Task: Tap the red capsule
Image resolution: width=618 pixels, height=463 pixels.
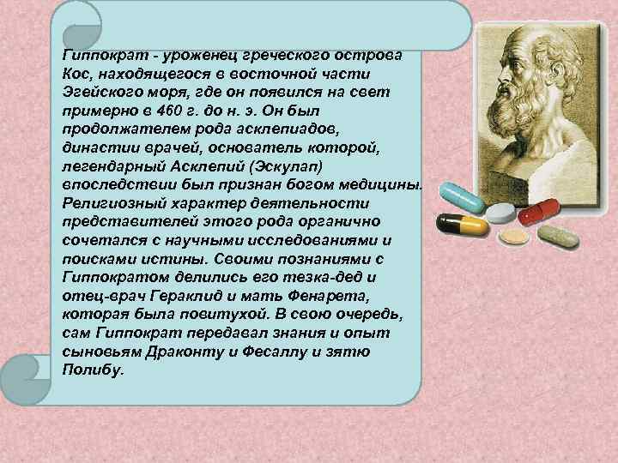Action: pyautogui.click(x=544, y=211)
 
